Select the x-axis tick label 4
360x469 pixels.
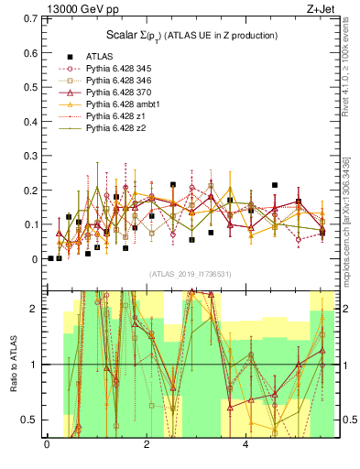(x=245, y=444)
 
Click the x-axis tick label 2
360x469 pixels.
(x=147, y=444)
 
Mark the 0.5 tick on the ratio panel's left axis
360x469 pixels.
(x=30, y=420)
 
